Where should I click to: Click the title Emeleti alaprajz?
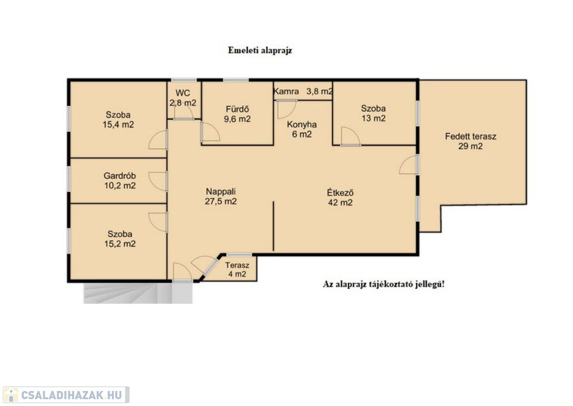(260, 50)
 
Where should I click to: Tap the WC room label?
(183, 97)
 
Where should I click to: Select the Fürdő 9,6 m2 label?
(237, 114)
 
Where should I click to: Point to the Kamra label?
(286, 91)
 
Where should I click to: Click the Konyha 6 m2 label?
(302, 129)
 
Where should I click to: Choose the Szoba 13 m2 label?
(373, 113)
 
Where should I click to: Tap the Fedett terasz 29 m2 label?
(471, 142)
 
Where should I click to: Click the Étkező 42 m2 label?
(340, 198)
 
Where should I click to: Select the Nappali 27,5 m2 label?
(220, 197)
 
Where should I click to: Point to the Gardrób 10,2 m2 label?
(120, 181)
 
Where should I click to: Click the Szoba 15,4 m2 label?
(118, 120)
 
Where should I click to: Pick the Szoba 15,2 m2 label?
(120, 239)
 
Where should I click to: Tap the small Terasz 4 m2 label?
(237, 269)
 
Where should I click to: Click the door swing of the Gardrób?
(158, 181)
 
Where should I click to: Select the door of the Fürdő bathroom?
(210, 132)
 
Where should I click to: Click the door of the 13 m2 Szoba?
(350, 137)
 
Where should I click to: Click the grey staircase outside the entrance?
(138, 293)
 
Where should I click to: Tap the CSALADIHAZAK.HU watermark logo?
(66, 395)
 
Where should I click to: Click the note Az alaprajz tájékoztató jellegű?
(384, 284)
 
